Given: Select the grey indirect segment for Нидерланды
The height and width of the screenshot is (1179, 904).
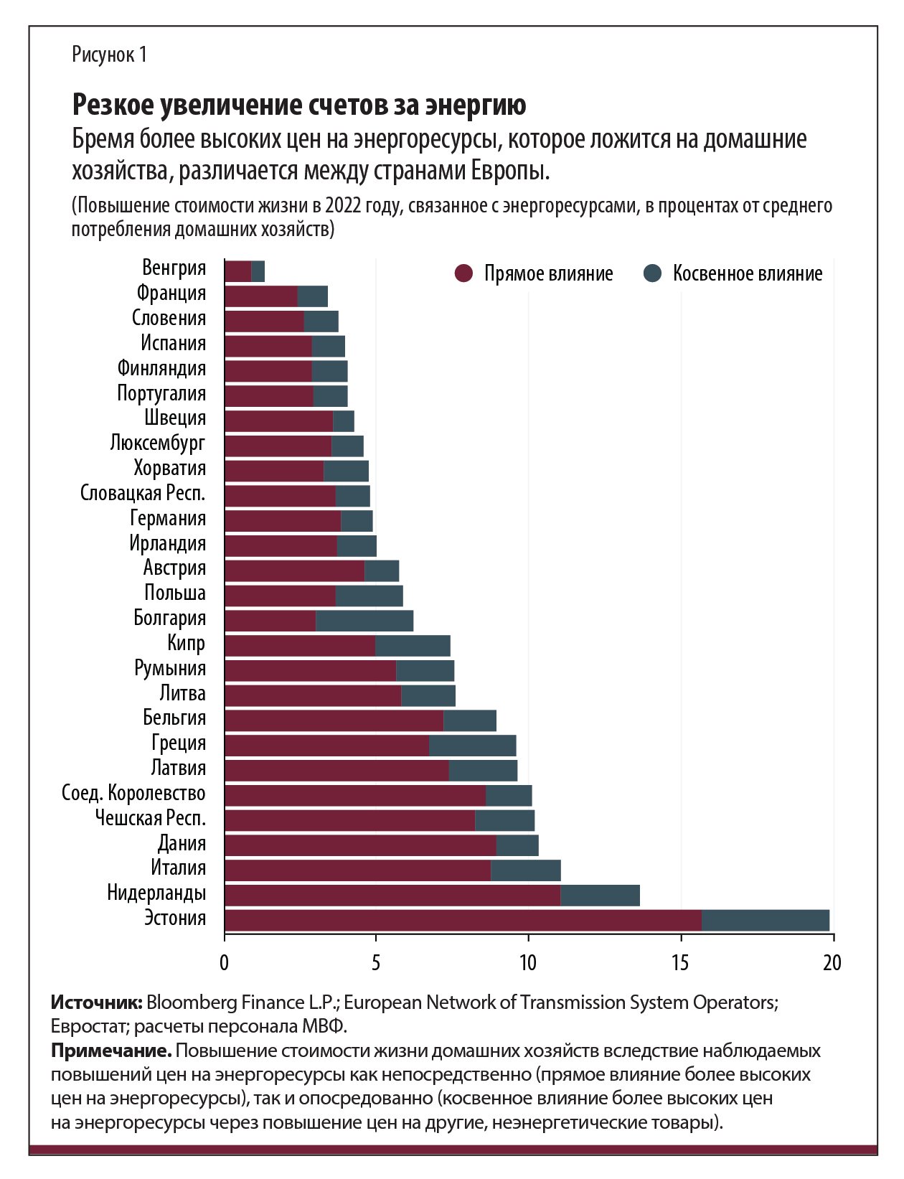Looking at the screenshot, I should coord(600,896).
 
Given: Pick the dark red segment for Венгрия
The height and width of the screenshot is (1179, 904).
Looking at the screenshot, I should coord(237,271).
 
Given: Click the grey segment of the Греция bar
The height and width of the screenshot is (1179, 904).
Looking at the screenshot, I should coord(472,746).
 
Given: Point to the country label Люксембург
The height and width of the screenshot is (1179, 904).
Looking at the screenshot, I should coord(157,443).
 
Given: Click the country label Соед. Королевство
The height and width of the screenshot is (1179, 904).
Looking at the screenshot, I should coord(133,793).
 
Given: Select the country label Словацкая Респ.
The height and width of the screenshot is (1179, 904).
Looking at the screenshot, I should coord(143,493).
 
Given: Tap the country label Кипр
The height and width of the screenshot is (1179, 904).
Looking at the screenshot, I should coord(186,643).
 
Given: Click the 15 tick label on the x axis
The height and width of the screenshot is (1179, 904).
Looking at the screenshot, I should coord(680,962).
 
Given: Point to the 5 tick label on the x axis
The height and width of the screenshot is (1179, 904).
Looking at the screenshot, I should coord(376,962).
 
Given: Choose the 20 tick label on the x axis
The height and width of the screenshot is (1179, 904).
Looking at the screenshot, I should coord(832,962).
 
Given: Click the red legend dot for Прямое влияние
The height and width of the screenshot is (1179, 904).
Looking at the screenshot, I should coord(464,273).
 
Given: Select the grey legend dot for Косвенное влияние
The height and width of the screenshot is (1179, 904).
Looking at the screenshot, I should coord(652,273).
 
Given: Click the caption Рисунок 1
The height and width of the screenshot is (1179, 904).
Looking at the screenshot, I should coord(109,55).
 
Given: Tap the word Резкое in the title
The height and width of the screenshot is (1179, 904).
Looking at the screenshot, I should coord(113,105).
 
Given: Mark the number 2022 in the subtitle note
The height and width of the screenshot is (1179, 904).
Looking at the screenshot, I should coord(343,206).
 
